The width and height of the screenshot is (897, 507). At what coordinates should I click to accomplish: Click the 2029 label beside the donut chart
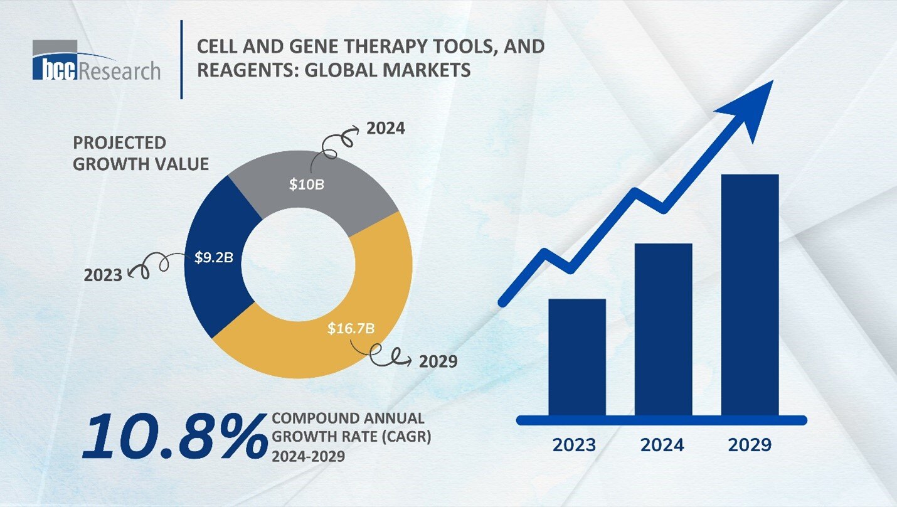438,362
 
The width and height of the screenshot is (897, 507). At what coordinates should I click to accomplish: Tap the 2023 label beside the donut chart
103,274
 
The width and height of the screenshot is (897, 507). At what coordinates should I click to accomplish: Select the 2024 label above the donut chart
385,129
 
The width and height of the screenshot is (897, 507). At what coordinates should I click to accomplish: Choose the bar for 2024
663,329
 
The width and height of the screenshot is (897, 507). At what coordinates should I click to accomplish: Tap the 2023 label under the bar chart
574,445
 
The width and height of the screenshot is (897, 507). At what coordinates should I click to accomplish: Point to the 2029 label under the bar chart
750,445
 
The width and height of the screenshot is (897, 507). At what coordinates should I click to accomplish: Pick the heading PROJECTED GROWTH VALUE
141,153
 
